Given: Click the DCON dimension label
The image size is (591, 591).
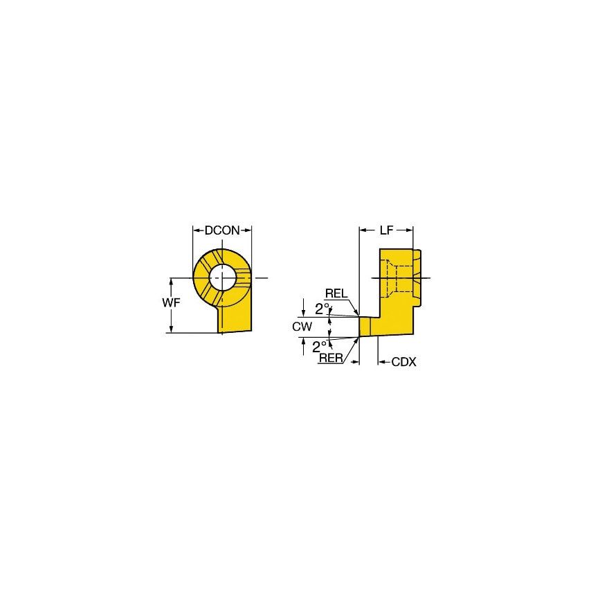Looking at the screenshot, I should (221, 230).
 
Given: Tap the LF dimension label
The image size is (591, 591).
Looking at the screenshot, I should (387, 230).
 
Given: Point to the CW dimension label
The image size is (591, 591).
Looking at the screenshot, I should (302, 325).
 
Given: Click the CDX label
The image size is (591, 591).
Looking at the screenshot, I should (403, 361).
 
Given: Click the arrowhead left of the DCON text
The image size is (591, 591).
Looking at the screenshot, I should (197, 230).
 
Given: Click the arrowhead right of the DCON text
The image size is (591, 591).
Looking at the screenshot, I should (247, 230).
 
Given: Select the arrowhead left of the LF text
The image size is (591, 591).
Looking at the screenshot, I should (363, 230).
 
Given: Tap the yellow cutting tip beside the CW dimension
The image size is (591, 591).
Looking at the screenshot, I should (364, 327).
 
